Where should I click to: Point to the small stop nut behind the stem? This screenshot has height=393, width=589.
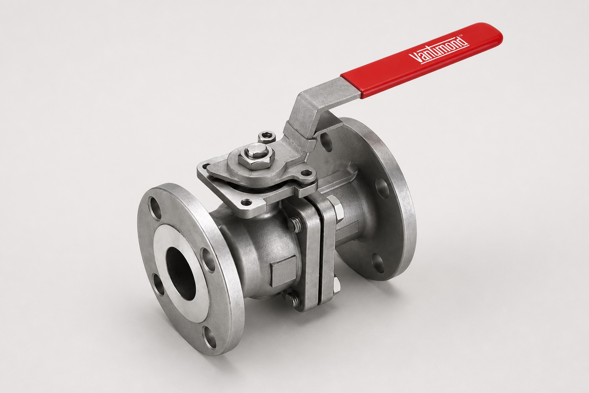tap(264, 137)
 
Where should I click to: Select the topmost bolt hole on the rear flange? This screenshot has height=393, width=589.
tap(326, 139)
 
